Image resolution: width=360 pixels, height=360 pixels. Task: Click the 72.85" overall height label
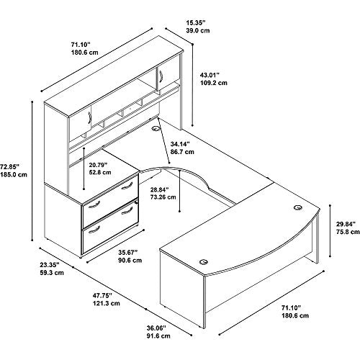(9, 166)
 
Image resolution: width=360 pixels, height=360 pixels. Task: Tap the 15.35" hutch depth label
(196, 22)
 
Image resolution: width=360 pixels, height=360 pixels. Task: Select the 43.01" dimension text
(210, 75)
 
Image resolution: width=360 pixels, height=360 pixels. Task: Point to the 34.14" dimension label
(180, 144)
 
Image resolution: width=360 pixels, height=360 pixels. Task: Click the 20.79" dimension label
(98, 165)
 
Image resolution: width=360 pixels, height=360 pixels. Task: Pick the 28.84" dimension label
(160, 189)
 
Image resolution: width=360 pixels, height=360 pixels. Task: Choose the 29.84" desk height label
(346, 224)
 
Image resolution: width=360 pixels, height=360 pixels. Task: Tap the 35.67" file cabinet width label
(128, 252)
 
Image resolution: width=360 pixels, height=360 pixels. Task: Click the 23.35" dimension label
(50, 265)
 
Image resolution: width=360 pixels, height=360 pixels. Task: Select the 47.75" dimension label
(103, 295)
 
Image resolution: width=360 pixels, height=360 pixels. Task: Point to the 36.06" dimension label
(156, 328)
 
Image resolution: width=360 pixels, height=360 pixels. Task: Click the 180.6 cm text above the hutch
(84, 53)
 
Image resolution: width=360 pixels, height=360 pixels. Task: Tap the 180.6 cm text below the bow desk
(295, 315)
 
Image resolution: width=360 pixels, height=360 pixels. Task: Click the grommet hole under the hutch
(156, 129)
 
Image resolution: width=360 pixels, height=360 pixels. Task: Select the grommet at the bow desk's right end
(298, 207)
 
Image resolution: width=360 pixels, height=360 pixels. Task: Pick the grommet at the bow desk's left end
(204, 262)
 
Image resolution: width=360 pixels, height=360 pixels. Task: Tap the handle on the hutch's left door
(89, 117)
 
